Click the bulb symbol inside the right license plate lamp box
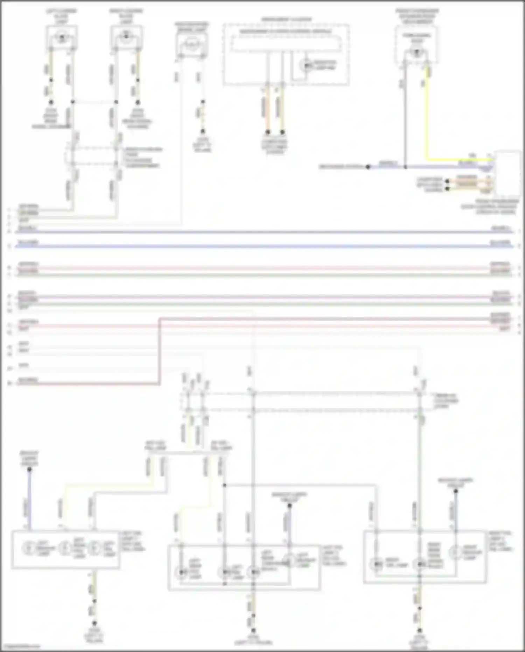[126, 36]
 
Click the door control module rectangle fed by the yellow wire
[507, 173]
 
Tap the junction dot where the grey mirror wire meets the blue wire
[405, 167]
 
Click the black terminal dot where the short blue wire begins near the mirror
[368, 167]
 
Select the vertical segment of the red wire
[160, 350]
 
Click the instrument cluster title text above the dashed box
[286, 19]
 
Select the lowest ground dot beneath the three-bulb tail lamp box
[94, 623]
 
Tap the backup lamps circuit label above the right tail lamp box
[455, 482]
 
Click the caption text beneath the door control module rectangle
[490, 207]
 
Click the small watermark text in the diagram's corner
[20, 646]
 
